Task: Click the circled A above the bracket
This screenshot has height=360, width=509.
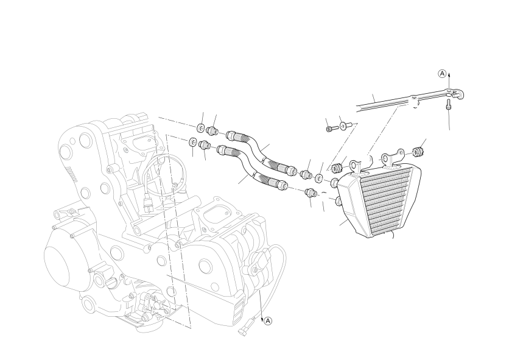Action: click(x=442, y=74)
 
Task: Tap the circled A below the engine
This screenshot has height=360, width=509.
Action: click(x=267, y=321)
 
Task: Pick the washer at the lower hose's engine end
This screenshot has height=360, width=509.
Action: click(x=193, y=142)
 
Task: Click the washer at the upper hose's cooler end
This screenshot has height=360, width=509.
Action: click(x=319, y=178)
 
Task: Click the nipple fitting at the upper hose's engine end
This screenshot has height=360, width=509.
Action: click(x=212, y=130)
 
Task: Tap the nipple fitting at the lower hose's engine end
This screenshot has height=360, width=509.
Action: click(x=205, y=144)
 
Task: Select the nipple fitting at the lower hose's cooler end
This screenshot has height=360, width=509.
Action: click(x=311, y=192)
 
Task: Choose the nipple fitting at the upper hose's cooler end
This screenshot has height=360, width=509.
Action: click(x=306, y=174)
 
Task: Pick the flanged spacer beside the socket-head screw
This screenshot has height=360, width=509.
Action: click(x=345, y=125)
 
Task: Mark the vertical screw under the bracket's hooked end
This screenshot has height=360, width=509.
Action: click(x=448, y=105)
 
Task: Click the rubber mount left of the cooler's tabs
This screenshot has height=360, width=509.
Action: click(x=335, y=168)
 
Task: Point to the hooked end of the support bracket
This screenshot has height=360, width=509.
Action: click(x=458, y=94)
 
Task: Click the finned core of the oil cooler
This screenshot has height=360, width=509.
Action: click(x=385, y=202)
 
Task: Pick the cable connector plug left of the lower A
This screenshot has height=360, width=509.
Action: click(x=245, y=328)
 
